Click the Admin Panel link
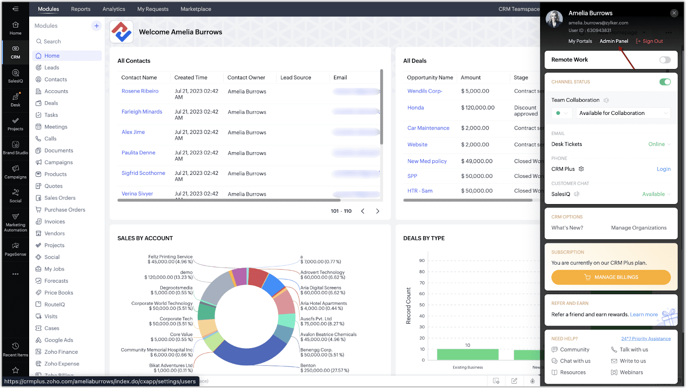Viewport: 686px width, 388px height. tap(614, 41)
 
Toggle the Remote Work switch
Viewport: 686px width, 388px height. tap(665, 60)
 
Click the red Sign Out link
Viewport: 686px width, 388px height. tap(652, 41)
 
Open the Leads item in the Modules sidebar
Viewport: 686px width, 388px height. tap(51, 68)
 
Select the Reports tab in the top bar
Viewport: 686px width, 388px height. tap(81, 9)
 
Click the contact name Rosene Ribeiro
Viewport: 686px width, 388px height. tap(140, 91)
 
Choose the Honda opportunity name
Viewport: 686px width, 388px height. tap(415, 108)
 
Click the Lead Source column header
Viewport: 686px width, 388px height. tap(295, 78)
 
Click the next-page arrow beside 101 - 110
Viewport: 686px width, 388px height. tap(377, 211)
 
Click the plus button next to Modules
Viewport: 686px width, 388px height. tap(96, 26)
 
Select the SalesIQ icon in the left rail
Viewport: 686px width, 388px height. tap(15, 75)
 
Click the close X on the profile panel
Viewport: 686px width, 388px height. tap(674, 13)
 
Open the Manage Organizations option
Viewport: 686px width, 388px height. tap(638, 228)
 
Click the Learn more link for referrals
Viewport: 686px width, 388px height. tap(644, 315)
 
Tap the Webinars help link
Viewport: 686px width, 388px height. tap(631, 373)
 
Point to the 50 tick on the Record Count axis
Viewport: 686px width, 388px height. tap(422, 305)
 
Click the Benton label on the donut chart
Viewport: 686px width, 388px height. tap(308, 366)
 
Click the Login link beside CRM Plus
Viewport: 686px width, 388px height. tap(663, 169)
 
